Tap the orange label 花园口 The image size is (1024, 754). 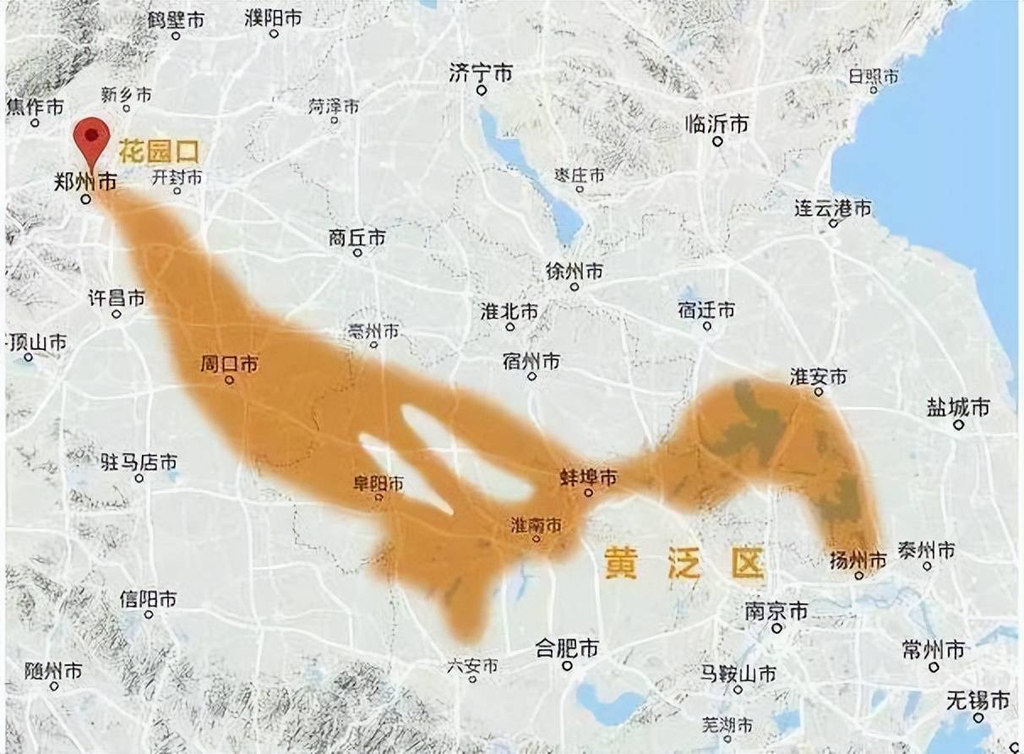(x=159, y=152)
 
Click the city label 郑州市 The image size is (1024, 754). (x=85, y=182)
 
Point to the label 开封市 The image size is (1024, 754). (x=177, y=178)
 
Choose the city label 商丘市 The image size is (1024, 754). (x=357, y=238)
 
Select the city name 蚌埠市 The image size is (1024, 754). (x=588, y=478)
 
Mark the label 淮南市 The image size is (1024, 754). (x=536, y=525)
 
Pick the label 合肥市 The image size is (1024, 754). (x=567, y=649)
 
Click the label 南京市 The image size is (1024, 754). (x=776, y=610)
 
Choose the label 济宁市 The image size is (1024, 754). (x=481, y=74)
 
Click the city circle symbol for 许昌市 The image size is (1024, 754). (x=117, y=314)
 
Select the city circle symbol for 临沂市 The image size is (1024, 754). (x=717, y=142)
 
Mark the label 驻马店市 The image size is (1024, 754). (x=139, y=462)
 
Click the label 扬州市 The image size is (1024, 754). (x=858, y=560)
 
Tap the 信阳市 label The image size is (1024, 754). (x=148, y=599)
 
